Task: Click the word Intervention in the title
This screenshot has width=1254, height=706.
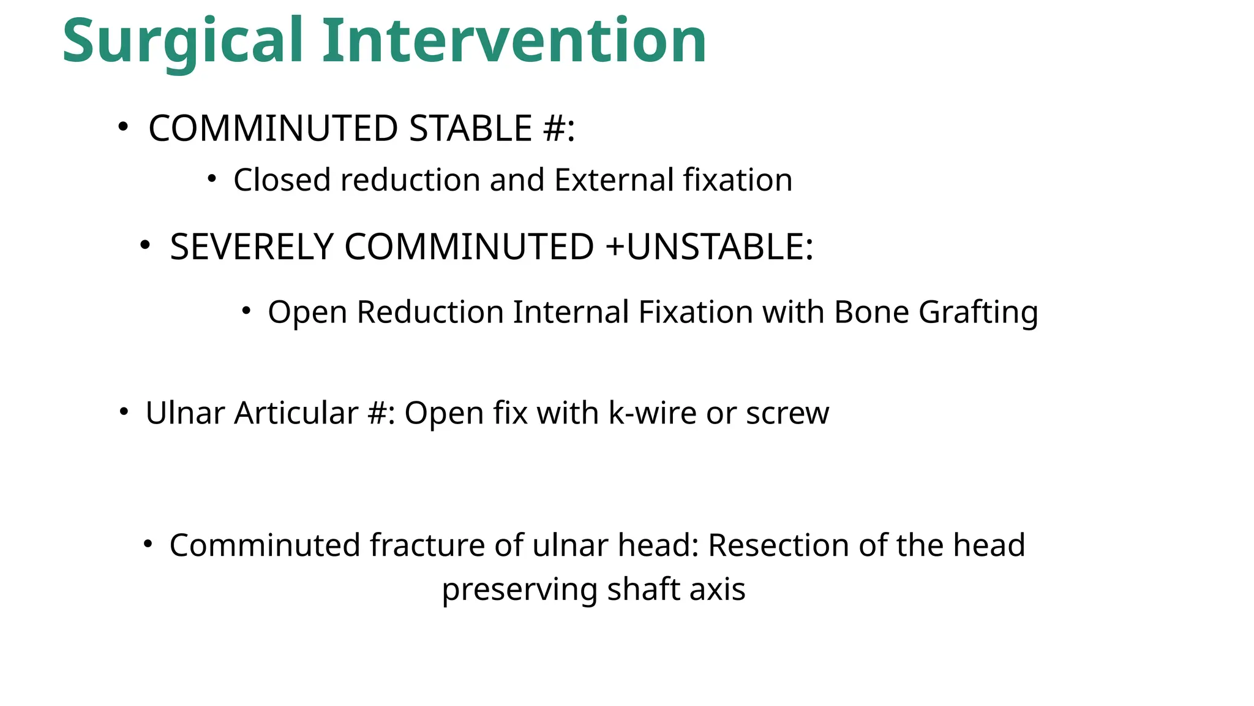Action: coord(514,42)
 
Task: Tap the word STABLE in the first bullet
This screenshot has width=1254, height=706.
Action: coord(470,129)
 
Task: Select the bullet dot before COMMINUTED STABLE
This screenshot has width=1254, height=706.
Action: coord(123,127)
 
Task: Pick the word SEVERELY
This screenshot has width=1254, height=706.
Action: coord(251,247)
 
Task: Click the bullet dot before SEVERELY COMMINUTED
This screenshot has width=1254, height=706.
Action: coord(145,245)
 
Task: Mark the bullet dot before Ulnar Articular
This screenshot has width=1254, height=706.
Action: coord(124,411)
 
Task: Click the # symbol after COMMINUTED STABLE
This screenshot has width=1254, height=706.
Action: coord(554,129)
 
